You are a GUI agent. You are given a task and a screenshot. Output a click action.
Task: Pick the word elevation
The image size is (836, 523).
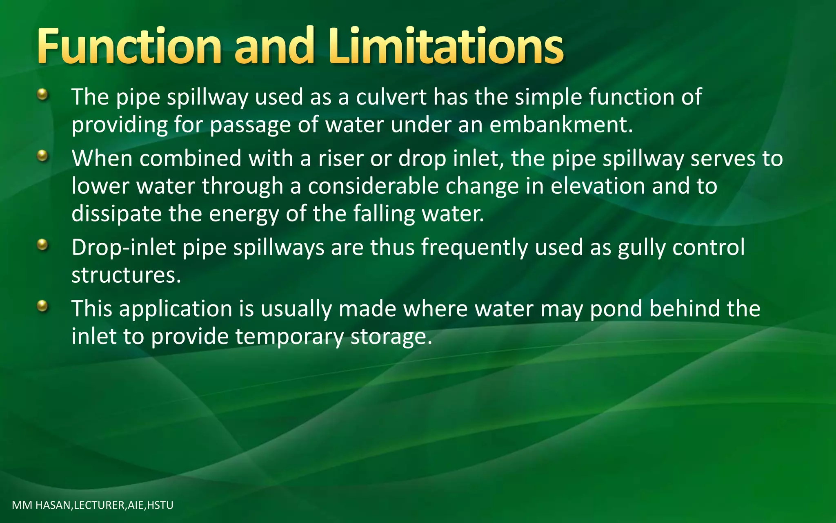(x=597, y=186)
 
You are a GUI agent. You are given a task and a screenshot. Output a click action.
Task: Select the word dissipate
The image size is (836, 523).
(x=116, y=214)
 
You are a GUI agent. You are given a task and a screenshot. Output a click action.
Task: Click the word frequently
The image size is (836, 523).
(x=474, y=248)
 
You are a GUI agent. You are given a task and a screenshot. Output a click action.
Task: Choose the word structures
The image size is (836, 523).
(x=126, y=275)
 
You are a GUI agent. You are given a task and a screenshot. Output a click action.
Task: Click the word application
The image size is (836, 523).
(x=176, y=309)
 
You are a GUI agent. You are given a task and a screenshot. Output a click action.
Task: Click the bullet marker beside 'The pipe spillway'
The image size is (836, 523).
(x=42, y=96)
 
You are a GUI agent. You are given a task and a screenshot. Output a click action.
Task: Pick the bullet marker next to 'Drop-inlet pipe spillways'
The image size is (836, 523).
(x=42, y=246)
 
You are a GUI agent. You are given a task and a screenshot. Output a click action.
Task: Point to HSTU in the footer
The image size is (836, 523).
(x=160, y=505)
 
